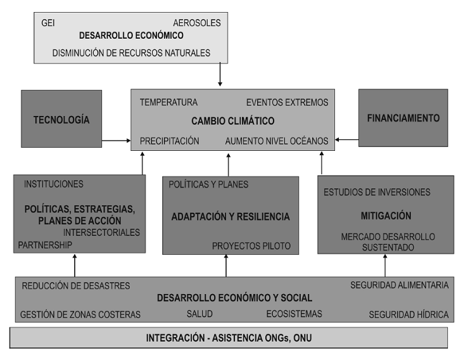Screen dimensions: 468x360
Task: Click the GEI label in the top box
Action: [47, 23]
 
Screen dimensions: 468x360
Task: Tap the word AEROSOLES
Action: [197, 23]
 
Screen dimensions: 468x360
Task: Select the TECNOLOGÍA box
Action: [61, 119]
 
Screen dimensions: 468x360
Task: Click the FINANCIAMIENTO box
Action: [403, 118]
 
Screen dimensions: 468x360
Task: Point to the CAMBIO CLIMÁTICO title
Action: [233, 121]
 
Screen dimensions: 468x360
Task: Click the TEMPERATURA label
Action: [168, 103]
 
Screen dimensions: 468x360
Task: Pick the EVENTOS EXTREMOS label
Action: [287, 103]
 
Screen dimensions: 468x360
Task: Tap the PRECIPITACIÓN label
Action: [169, 141]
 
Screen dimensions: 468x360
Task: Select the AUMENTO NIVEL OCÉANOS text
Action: [277, 141]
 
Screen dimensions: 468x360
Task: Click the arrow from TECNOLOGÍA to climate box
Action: [117, 141]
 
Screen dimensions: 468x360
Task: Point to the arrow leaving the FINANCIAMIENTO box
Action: [347, 139]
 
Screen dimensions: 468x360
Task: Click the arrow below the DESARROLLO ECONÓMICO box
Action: [220, 75]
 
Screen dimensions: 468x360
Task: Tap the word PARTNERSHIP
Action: [45, 245]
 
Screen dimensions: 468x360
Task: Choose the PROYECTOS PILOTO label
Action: [251, 246]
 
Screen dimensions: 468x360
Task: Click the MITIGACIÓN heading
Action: [386, 215]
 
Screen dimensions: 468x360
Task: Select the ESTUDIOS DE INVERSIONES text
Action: [377, 192]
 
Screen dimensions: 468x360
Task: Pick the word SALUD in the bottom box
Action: [199, 314]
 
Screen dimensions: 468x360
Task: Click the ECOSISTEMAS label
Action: [294, 314]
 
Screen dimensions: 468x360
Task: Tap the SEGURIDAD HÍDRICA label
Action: [408, 314]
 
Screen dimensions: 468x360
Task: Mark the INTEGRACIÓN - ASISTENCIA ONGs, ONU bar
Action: [229, 338]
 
